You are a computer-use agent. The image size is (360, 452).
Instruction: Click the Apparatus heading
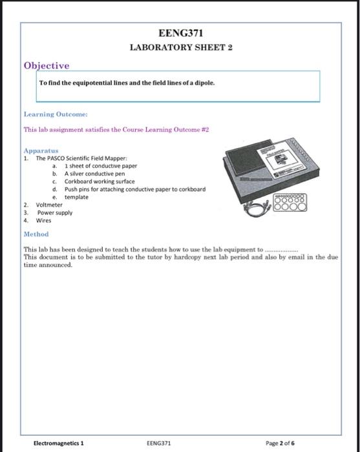[41, 150]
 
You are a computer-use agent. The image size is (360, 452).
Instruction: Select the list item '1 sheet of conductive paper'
[100, 165]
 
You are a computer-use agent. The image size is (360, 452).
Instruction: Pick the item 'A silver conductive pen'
[94, 173]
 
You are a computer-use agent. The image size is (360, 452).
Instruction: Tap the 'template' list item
[76, 197]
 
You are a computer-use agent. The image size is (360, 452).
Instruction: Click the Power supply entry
[54, 212]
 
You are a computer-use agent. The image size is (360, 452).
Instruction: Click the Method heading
[36, 234]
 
